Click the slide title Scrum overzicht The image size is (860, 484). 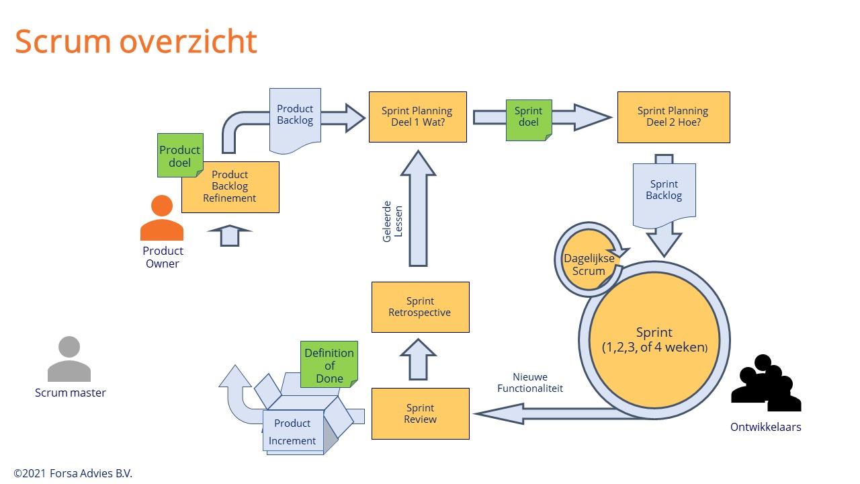click(136, 42)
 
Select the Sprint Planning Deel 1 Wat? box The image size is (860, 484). click(417, 117)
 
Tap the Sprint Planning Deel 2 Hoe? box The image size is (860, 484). click(673, 117)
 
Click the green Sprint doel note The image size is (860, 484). click(528, 117)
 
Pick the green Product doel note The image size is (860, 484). click(179, 156)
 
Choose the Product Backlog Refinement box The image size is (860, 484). click(230, 187)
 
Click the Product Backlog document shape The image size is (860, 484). click(295, 116)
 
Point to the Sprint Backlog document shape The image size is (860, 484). click(664, 191)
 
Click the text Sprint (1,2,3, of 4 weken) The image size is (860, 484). click(654, 340)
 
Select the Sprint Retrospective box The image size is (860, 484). click(420, 307)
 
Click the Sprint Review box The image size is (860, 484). click(420, 414)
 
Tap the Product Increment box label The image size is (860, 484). click(292, 432)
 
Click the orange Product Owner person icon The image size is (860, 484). click(162, 219)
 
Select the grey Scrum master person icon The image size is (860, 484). click(69, 360)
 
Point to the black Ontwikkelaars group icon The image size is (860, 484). click(766, 385)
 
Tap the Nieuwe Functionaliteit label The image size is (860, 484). click(530, 382)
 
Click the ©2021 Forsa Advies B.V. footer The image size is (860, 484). click(73, 473)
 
